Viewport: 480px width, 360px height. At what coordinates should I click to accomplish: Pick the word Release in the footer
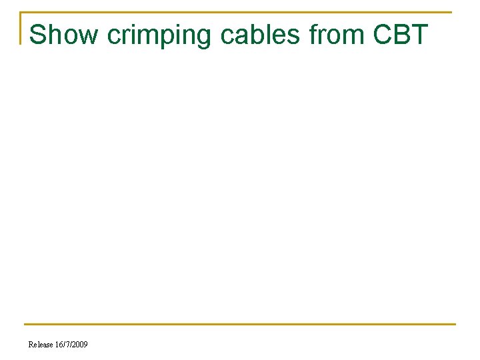point(40,345)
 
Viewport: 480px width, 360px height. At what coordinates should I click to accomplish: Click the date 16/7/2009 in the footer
point(71,345)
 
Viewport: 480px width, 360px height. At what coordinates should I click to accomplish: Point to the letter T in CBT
point(419,35)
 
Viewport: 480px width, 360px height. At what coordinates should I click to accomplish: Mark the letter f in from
point(314,35)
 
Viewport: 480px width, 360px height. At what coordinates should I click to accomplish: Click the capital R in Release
point(31,345)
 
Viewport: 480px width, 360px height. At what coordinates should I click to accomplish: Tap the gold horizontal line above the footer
point(240,325)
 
